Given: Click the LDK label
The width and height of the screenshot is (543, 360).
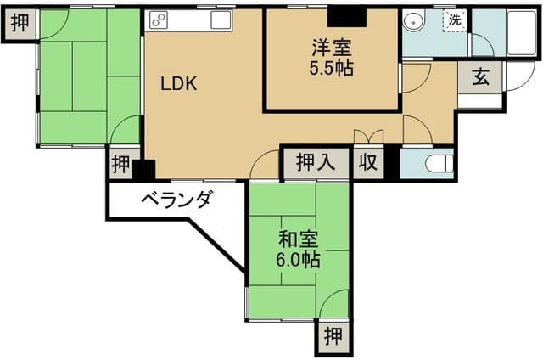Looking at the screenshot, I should (x=179, y=83).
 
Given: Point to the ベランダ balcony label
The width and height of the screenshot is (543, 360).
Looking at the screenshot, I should (x=176, y=201).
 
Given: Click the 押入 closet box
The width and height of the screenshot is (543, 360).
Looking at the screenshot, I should (x=316, y=160).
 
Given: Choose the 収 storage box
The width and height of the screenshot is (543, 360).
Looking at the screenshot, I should (x=367, y=161).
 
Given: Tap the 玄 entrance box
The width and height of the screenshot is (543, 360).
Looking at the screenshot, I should (x=480, y=78).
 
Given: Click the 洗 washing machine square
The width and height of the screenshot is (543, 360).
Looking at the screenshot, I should (x=455, y=20).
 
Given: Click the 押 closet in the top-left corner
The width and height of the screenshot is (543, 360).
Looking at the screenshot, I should (x=18, y=23).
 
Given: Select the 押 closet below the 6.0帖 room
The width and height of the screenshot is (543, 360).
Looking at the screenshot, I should (x=333, y=335).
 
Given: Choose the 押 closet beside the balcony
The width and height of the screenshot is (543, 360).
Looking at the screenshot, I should (x=120, y=163).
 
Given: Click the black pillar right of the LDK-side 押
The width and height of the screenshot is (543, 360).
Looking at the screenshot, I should (x=143, y=169).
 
